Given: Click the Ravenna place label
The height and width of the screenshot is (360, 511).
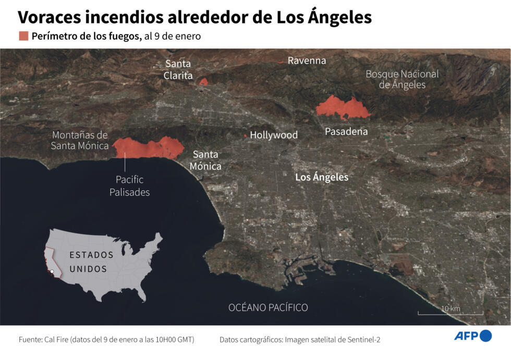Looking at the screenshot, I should click(x=307, y=60).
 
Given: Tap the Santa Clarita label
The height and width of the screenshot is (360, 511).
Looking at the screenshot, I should click(x=178, y=70).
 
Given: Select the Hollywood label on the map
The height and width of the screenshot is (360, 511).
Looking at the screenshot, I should click(x=274, y=135).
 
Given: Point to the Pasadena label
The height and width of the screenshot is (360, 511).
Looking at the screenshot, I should click(x=346, y=131).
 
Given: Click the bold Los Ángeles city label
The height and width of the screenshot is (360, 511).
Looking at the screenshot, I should click(x=322, y=177).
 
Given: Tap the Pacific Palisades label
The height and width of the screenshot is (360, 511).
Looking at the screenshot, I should click(x=129, y=186).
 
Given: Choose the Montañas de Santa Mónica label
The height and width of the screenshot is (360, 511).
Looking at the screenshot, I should click(x=79, y=141).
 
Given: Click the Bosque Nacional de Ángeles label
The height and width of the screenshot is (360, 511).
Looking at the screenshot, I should click(x=402, y=79).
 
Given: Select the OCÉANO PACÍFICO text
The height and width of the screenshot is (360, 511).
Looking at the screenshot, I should click(x=268, y=307).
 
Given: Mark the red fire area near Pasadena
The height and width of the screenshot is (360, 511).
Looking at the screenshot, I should click(x=342, y=107).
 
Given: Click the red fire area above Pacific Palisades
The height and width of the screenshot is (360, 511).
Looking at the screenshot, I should click(x=148, y=148).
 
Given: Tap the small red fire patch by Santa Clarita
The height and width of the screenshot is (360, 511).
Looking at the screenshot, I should click(x=204, y=82).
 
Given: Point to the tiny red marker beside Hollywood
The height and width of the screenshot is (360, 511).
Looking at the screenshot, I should click(x=246, y=135).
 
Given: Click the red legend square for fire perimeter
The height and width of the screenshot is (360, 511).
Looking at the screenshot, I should click(x=23, y=36).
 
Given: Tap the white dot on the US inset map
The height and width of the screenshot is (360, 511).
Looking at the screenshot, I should click(x=52, y=271).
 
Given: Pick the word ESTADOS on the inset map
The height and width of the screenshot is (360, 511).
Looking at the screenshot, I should click(x=91, y=255).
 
